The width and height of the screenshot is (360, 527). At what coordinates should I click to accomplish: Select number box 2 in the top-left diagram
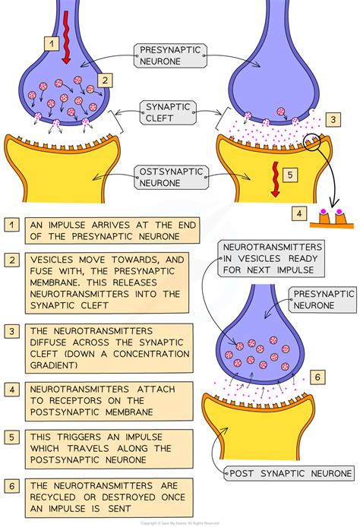coord(105,80)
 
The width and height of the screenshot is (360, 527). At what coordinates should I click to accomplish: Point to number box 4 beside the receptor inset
coord(301,215)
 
